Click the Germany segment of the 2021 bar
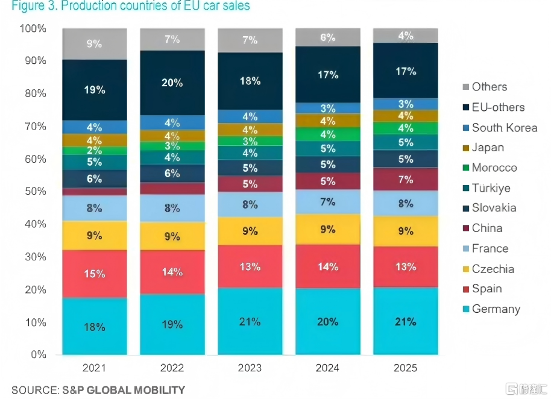tap(95, 326)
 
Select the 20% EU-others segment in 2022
tap(172, 83)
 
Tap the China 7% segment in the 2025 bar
tap(406, 180)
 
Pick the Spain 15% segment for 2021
tap(95, 274)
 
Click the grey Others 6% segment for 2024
tap(328, 37)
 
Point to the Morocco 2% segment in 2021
tap(95, 151)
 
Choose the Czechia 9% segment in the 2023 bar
tap(250, 231)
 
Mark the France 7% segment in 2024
tap(328, 202)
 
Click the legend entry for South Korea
tap(500, 128)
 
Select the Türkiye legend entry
tap(486, 188)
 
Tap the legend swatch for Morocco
tap(466, 168)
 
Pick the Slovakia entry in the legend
tap(490, 207)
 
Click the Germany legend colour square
tap(466, 309)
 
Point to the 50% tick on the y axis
tap(36, 191)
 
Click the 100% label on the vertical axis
tap(33, 28)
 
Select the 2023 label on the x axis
tap(250, 368)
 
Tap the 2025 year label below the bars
tap(406, 368)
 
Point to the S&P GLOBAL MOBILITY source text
tap(124, 390)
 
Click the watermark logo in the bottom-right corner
tap(526, 389)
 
